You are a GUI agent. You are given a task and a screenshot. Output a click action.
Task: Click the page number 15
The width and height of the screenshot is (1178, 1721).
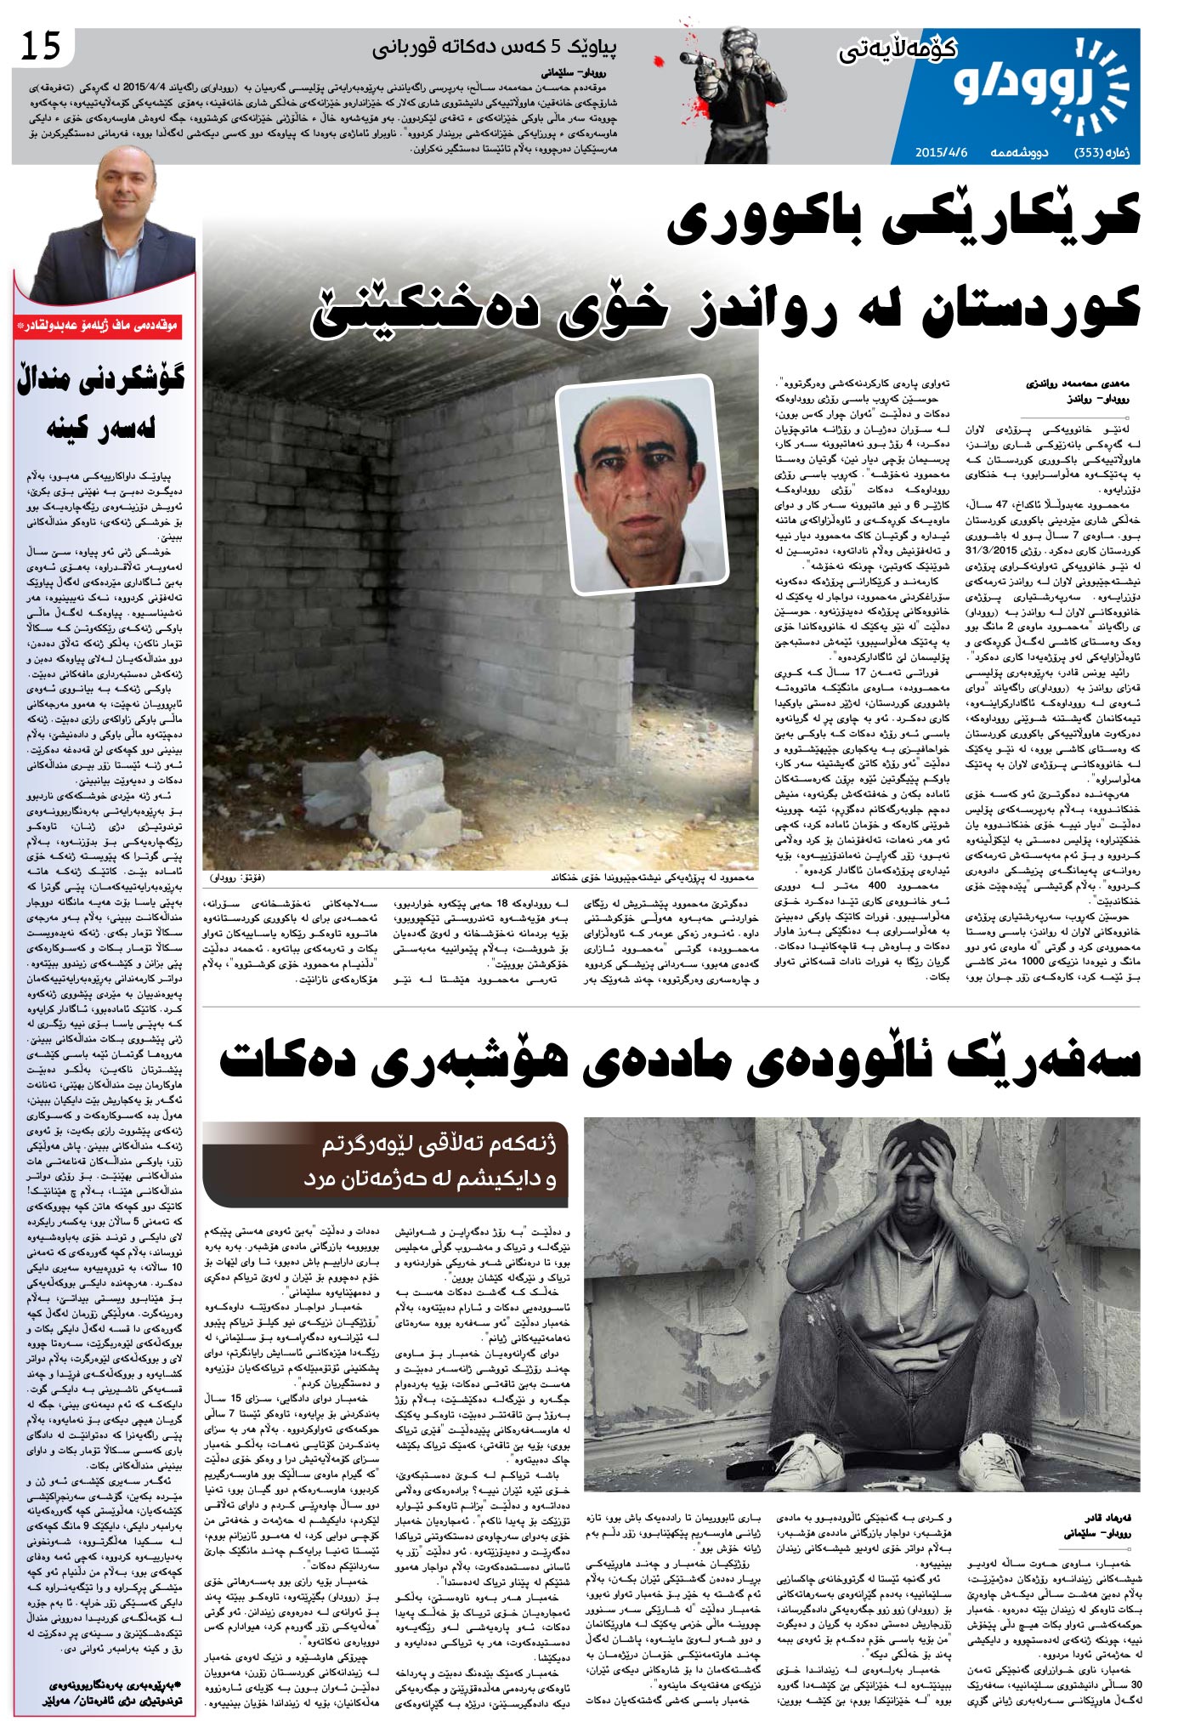[x=40, y=47]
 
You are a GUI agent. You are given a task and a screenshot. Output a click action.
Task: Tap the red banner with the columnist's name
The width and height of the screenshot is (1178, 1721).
[x=104, y=326]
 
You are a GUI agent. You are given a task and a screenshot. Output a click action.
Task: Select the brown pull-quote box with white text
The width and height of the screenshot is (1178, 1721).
[x=384, y=1162]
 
